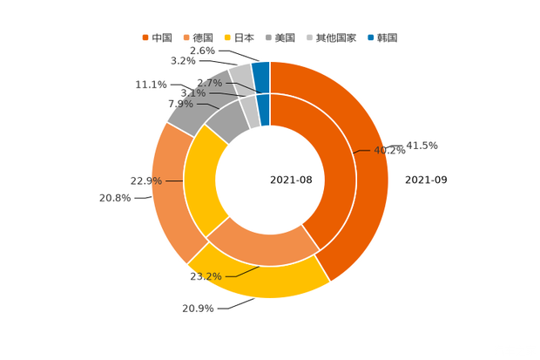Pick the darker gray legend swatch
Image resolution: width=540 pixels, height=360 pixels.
(x=271, y=37)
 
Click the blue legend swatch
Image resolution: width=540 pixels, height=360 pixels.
(x=371, y=37)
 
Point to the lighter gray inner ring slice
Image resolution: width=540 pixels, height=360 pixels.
(x=249, y=111)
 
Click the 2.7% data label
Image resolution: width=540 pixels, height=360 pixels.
(x=210, y=83)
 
